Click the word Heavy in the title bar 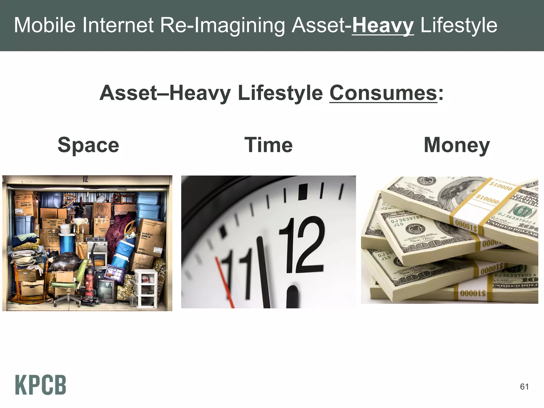pyautogui.click(x=383, y=25)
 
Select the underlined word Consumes pyautogui.click(x=383, y=93)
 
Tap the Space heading pyautogui.click(x=88, y=145)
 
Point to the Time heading pyautogui.click(x=268, y=145)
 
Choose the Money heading pyautogui.click(x=457, y=145)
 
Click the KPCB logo pyautogui.click(x=40, y=385)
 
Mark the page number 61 pyautogui.click(x=524, y=386)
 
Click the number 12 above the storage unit pyautogui.click(x=85, y=179)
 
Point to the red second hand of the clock pyautogui.click(x=224, y=282)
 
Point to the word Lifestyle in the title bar pyautogui.click(x=459, y=25)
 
